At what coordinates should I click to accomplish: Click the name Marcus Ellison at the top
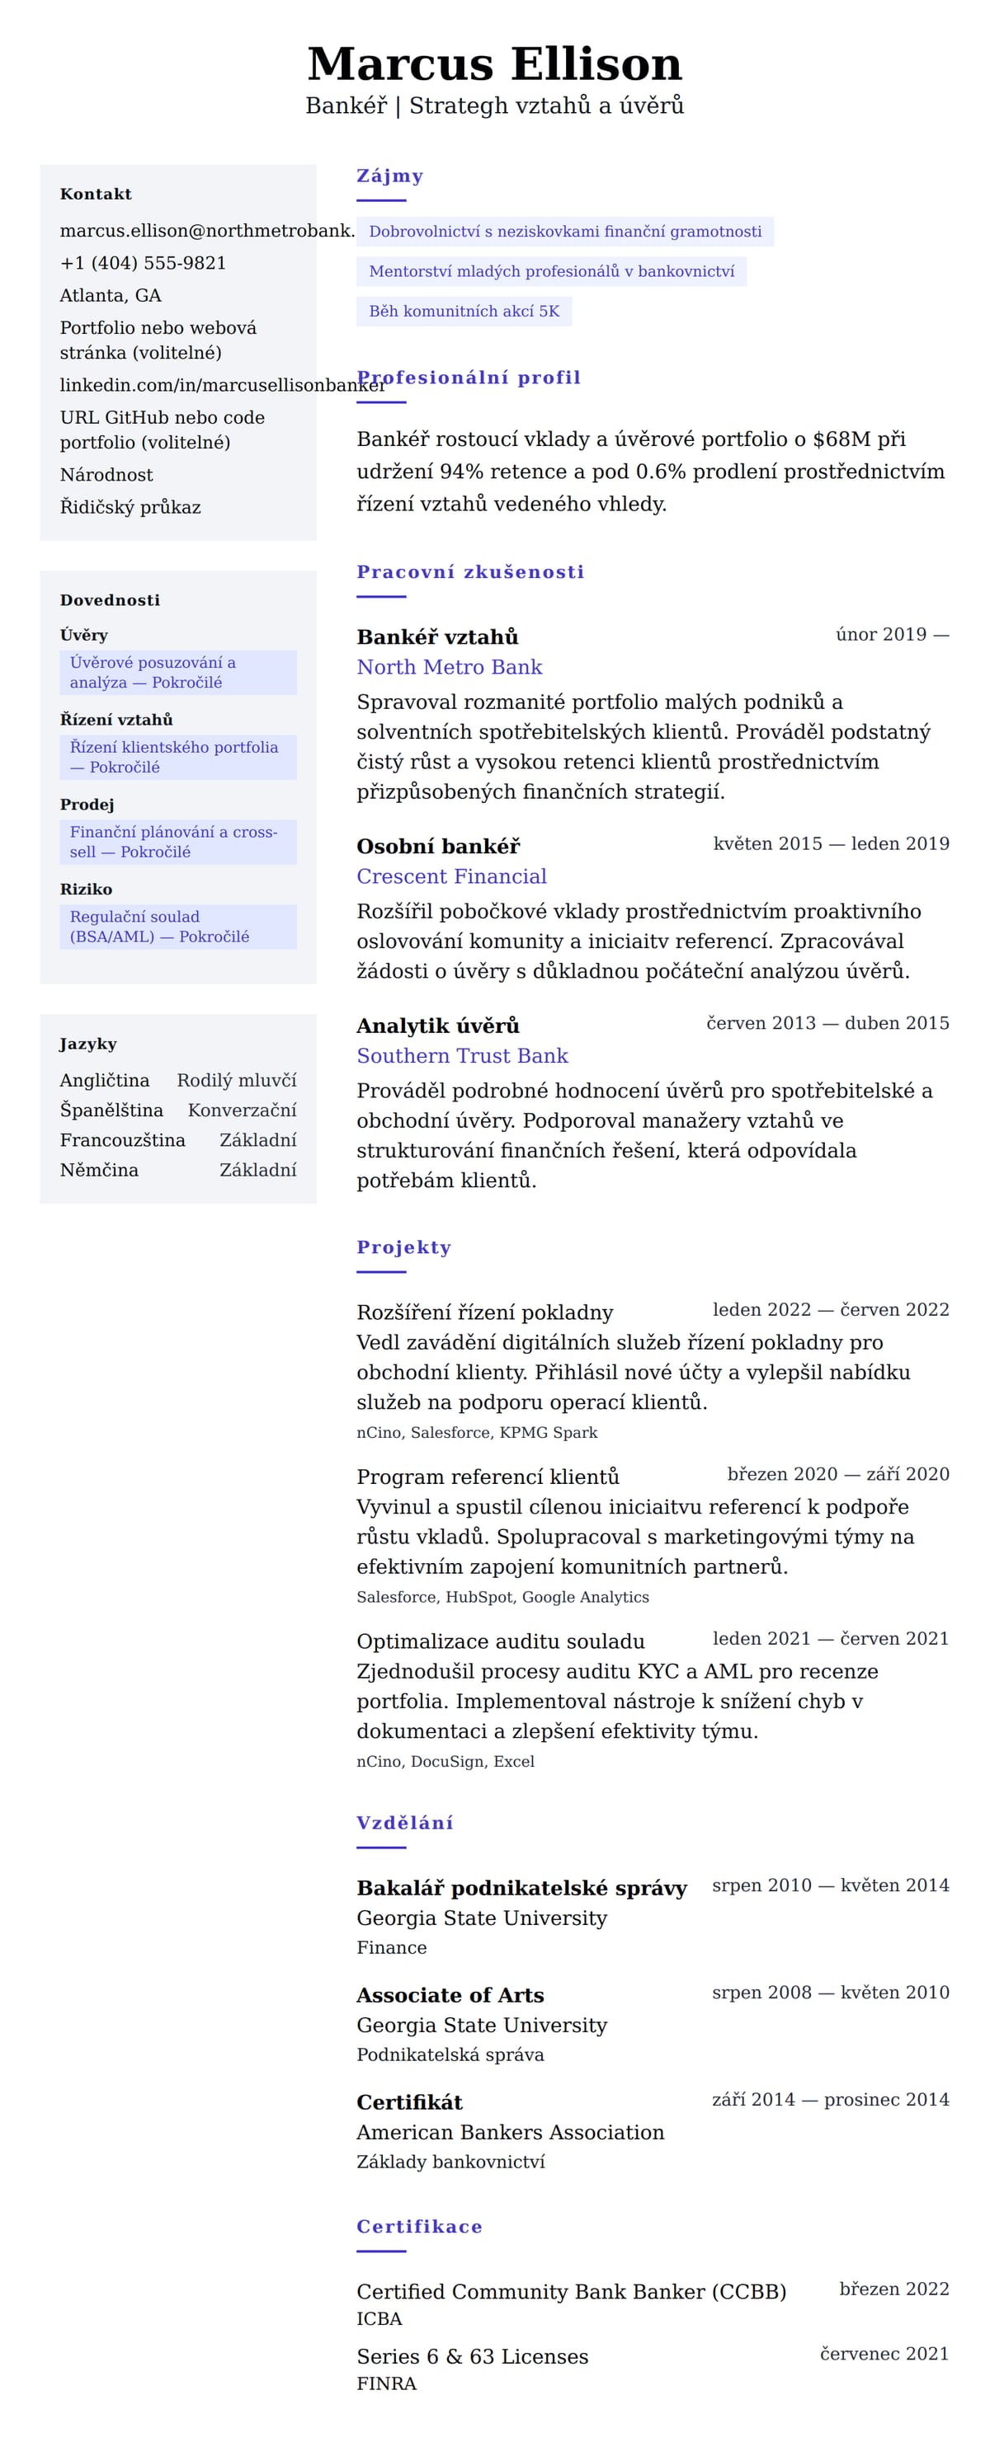pos(494,64)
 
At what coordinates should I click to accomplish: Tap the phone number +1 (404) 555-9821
pos(143,263)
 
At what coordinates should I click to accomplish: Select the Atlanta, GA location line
pos(111,295)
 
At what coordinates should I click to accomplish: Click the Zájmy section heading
pos(389,176)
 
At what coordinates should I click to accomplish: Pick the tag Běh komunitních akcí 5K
pos(464,312)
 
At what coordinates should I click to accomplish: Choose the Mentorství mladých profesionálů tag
pos(551,271)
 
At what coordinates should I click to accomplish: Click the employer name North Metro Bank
pos(449,667)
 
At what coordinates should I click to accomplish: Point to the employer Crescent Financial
pos(451,876)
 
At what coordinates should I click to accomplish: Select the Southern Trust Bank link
pos(462,1056)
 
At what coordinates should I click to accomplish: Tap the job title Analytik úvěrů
pos(437,1026)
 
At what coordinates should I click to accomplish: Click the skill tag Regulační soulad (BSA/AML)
pos(159,926)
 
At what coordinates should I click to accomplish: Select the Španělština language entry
pos(111,1110)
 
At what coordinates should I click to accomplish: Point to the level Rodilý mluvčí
pos(236,1080)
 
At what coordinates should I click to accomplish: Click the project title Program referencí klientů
pos(488,1477)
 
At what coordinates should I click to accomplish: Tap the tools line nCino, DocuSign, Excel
pos(445,1762)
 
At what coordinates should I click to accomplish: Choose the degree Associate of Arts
pos(450,1995)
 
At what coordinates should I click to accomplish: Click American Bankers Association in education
pos(510,2132)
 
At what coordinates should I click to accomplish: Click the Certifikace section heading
pos(419,2227)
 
